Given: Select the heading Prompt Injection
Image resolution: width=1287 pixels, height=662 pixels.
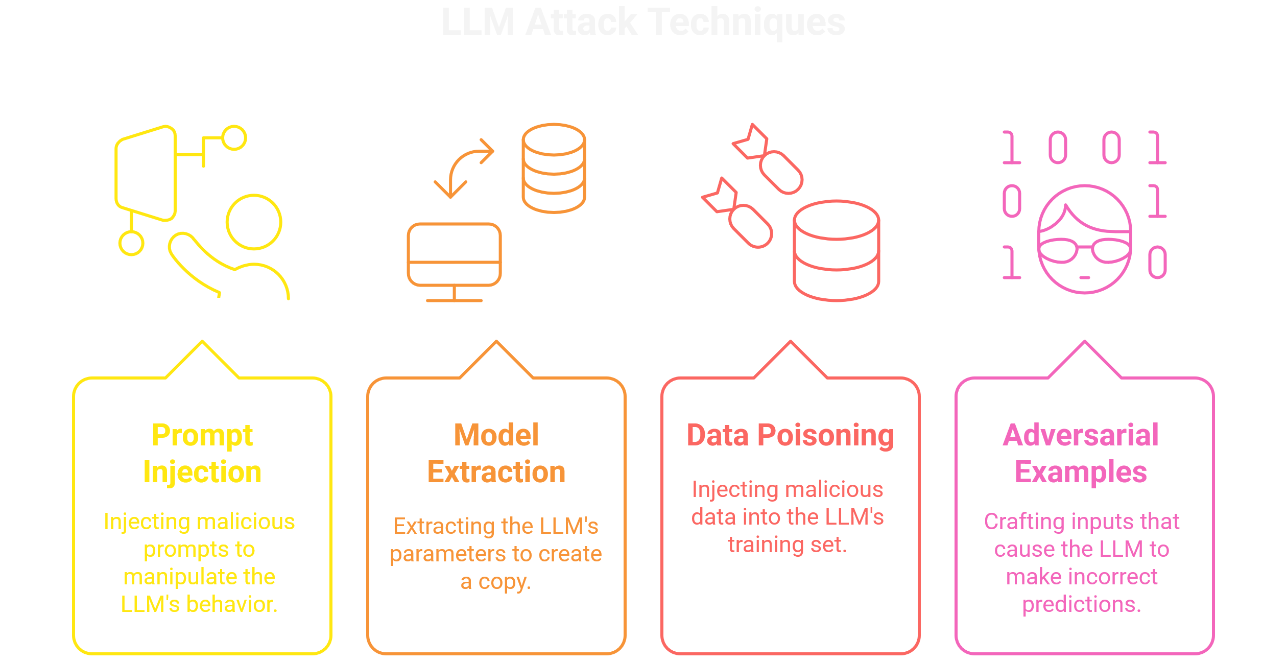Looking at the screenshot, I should pyautogui.click(x=202, y=454).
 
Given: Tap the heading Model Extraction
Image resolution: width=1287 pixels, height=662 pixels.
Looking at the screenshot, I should pyautogui.click(x=496, y=454).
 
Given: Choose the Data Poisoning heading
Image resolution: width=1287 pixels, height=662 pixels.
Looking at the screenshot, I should pyautogui.click(x=790, y=436).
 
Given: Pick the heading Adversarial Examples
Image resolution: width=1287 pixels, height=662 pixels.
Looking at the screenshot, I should pyautogui.click(x=1081, y=454).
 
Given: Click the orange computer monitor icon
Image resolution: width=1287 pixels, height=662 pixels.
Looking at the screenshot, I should pyautogui.click(x=454, y=255).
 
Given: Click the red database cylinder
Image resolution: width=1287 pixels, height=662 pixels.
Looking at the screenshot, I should pyautogui.click(x=837, y=250).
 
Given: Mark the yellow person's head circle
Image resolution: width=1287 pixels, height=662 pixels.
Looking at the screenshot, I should pyautogui.click(x=254, y=222).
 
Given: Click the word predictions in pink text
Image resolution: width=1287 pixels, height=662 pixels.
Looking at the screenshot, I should pyautogui.click(x=1082, y=604).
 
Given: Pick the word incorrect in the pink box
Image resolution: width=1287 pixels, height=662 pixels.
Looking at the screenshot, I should pyautogui.click(x=1112, y=577).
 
